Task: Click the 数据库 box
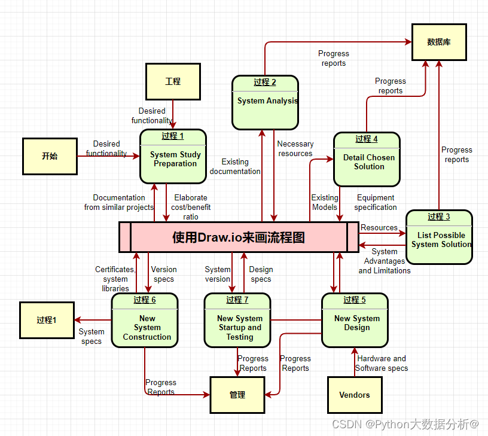coord(439,42)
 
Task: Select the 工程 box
coord(173,81)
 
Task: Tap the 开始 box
coord(50,156)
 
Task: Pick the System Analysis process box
coord(266,102)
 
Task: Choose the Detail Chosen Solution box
coord(367,160)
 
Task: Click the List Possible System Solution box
coord(439,237)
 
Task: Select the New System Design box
coord(355,321)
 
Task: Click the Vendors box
coord(355,395)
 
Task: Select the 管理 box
coord(237,395)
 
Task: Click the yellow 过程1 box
coord(47,320)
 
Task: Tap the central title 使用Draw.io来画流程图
coord(239,237)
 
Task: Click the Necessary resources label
coord(295,148)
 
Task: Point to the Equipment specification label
coord(376,202)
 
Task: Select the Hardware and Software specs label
coord(382,363)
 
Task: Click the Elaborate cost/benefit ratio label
coord(191,207)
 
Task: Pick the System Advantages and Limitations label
coord(385,261)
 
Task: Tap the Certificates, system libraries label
coord(115,279)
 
